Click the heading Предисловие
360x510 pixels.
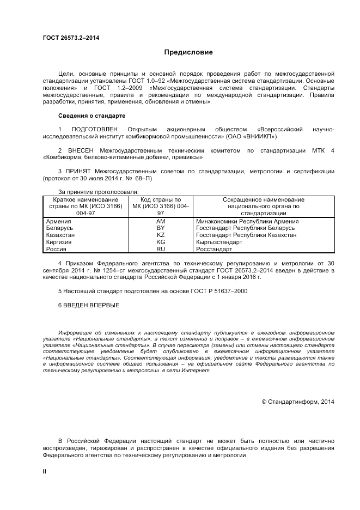[189, 52]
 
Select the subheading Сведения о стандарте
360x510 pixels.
[91, 116]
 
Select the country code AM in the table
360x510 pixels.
[161, 221]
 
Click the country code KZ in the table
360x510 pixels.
[161, 235]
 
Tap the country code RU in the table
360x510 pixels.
[161, 248]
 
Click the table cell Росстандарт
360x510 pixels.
[214, 248]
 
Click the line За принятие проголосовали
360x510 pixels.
[98, 192]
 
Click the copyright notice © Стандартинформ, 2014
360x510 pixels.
[298, 402]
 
